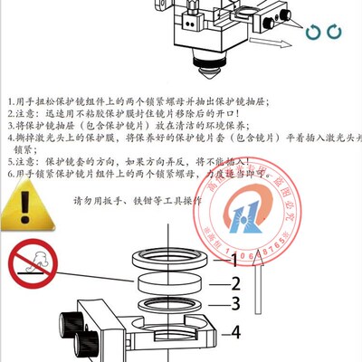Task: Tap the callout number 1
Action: point(233,260)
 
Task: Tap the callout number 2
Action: point(233,282)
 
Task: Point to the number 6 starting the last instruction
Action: point(7,172)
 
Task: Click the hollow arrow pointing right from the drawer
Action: point(266,42)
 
